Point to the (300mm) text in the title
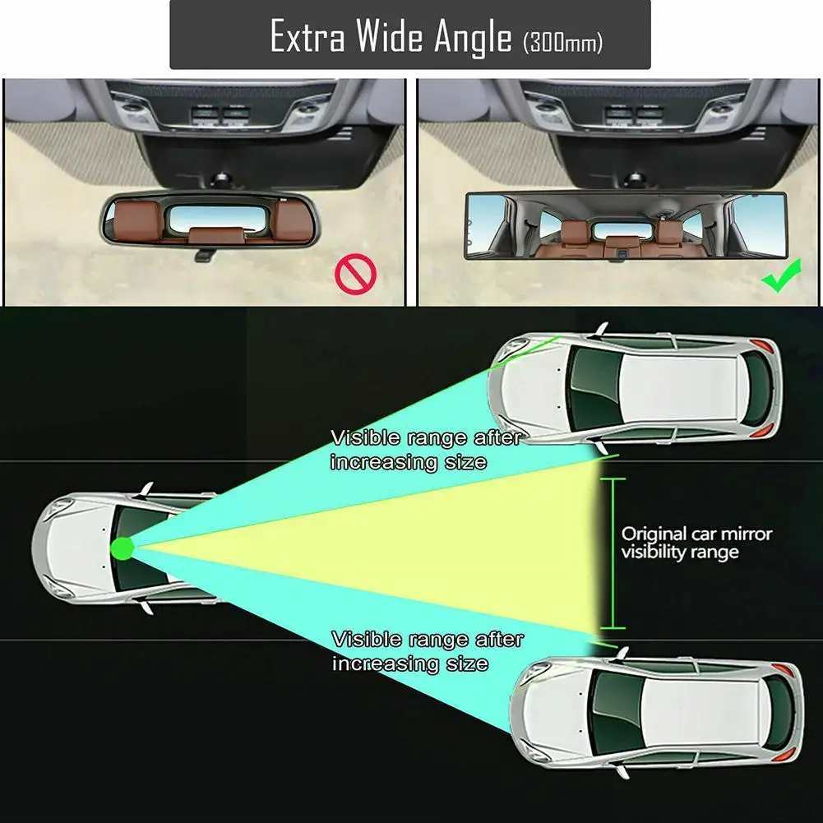[562, 42]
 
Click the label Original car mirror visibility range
[696, 543]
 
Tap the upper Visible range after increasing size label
[425, 449]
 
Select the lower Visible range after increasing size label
[427, 650]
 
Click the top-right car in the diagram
[634, 387]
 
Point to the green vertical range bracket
[613, 553]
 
